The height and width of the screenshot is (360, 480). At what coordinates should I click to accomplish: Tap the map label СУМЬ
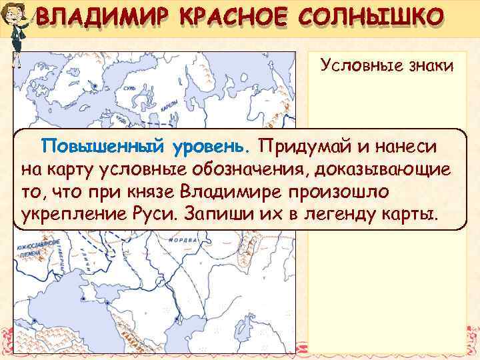(x=129, y=87)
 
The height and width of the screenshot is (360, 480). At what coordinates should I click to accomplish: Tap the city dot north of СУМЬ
(x=96, y=86)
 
